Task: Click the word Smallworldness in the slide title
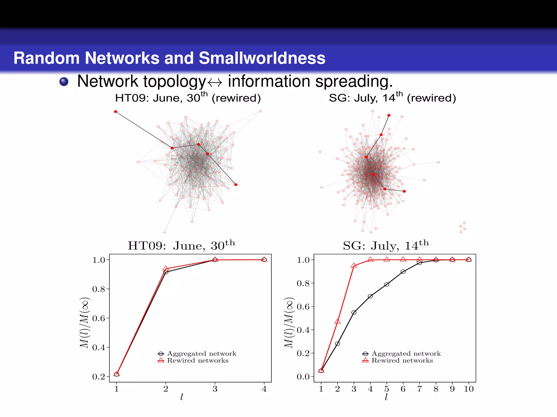click(262, 58)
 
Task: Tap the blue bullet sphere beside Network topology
click(64, 81)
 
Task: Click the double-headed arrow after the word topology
click(215, 82)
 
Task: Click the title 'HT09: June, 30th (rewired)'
click(188, 98)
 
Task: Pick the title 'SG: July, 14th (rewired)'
click(392, 98)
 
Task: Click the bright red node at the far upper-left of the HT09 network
click(116, 112)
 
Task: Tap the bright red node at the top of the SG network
click(389, 115)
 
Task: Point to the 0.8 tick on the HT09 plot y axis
click(99, 289)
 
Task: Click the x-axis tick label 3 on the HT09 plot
click(215, 389)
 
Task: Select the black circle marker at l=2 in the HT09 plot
click(166, 272)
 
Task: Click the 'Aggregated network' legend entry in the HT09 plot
click(202, 353)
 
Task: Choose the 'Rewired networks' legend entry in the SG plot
click(402, 361)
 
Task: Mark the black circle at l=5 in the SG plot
click(387, 285)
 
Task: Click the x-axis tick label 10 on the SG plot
click(469, 389)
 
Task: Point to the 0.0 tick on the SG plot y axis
click(303, 377)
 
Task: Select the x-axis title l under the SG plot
click(386, 397)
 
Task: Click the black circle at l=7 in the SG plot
click(420, 263)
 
